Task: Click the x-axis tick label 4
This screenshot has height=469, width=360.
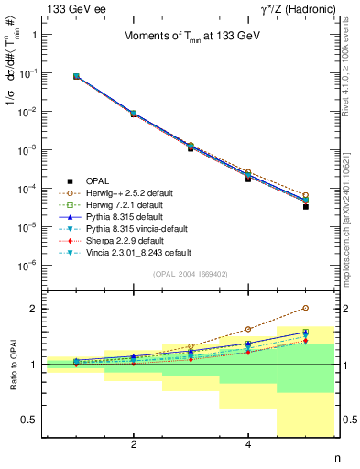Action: (x=248, y=444)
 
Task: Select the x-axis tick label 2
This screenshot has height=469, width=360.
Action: (x=134, y=444)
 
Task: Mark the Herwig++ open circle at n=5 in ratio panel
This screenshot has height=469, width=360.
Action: (x=305, y=309)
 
